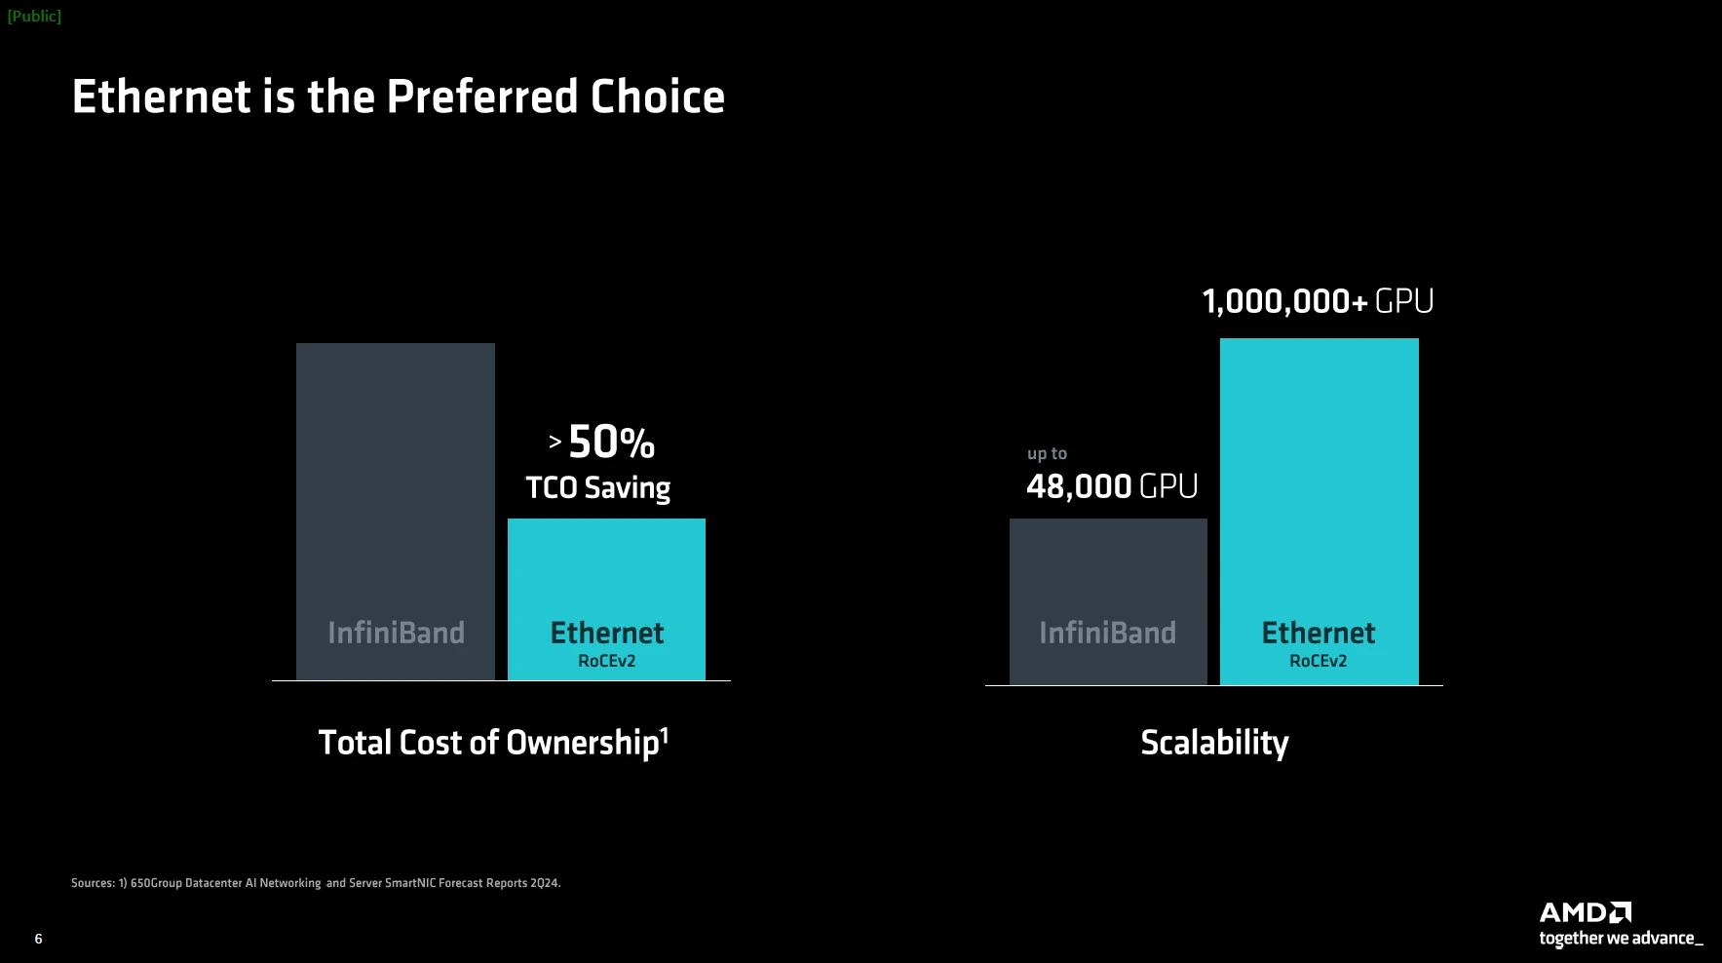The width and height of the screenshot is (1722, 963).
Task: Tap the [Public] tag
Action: [34, 17]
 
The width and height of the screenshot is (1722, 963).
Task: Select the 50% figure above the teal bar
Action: [611, 443]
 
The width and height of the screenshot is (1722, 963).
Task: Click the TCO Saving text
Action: [597, 487]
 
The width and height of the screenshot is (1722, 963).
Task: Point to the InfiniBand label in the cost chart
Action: [396, 633]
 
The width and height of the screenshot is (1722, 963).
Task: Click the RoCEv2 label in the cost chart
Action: [606, 661]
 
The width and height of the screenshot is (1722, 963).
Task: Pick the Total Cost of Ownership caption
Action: [488, 743]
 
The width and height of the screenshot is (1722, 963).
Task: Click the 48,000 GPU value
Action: [1112, 485]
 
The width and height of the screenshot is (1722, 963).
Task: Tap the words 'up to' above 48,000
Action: [1047, 453]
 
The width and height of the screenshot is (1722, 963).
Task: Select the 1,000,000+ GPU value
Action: [1318, 301]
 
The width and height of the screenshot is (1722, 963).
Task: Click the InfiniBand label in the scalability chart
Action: [1107, 633]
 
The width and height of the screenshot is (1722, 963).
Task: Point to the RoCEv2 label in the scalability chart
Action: [1318, 661]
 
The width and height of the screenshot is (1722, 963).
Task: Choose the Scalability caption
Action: [1214, 743]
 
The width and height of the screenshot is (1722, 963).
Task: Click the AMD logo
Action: [1585, 912]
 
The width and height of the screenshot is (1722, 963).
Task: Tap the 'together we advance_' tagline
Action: [1621, 939]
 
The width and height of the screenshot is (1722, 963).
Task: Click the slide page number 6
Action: [38, 939]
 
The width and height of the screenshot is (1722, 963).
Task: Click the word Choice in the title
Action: [657, 97]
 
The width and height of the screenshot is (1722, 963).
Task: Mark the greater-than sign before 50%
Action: [555, 443]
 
